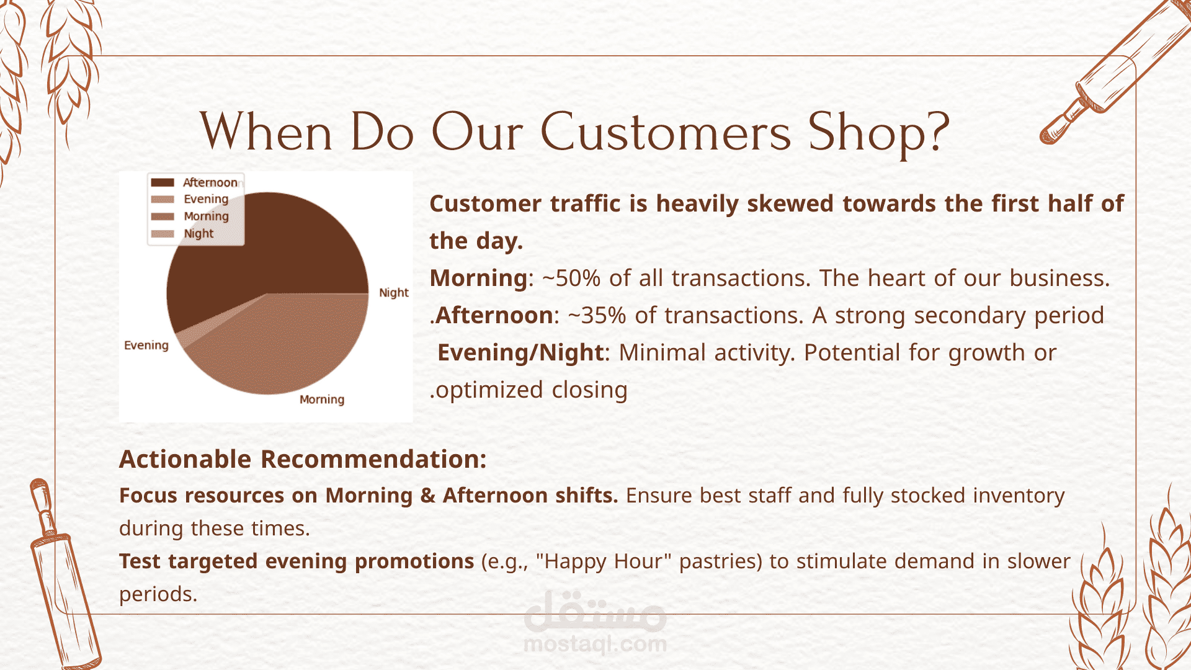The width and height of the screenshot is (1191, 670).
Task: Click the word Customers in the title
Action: tap(666, 132)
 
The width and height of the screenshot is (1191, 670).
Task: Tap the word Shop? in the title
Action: tap(879, 133)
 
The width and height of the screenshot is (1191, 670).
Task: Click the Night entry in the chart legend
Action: tap(182, 234)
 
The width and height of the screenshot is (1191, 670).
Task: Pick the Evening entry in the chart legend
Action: tap(190, 199)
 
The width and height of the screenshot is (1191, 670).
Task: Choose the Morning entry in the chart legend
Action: tap(190, 217)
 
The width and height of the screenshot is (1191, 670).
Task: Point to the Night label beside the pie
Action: tap(394, 292)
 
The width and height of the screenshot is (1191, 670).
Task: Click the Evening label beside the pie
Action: tap(146, 346)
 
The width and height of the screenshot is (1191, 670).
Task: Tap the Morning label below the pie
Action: tap(322, 400)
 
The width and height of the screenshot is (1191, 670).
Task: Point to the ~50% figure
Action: tap(571, 279)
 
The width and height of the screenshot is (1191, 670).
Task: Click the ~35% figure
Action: tap(597, 316)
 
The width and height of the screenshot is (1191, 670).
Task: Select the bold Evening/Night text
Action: tap(520, 353)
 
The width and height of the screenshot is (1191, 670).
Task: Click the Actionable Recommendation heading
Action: tap(303, 459)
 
